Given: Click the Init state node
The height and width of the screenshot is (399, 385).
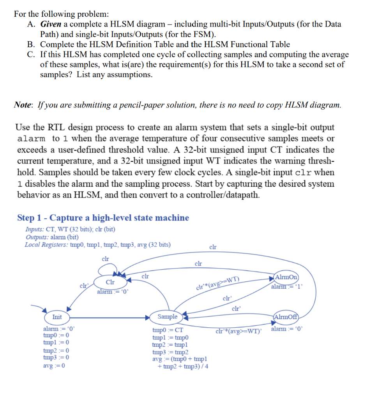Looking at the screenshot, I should [57, 317].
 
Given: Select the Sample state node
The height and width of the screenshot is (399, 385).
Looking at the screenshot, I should [167, 316].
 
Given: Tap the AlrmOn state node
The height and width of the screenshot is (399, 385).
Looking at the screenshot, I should [286, 277].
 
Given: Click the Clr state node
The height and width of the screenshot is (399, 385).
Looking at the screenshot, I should [110, 282].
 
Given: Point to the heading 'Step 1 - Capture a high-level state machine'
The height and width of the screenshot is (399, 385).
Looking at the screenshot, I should [103, 218].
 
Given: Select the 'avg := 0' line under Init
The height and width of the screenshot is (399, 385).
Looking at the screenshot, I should [54, 365].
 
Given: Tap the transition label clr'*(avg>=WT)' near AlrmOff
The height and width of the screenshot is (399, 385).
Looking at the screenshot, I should [239, 332].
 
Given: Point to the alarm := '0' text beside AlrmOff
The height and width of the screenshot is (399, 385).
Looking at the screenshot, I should [286, 329].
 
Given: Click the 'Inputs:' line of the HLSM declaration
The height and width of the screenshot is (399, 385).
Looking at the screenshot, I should [70, 230].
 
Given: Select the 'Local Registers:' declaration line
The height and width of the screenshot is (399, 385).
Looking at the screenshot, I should [97, 245].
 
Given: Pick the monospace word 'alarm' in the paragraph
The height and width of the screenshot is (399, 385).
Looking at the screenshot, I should [32, 139].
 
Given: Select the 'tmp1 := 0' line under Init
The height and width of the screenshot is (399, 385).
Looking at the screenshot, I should [57, 342].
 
